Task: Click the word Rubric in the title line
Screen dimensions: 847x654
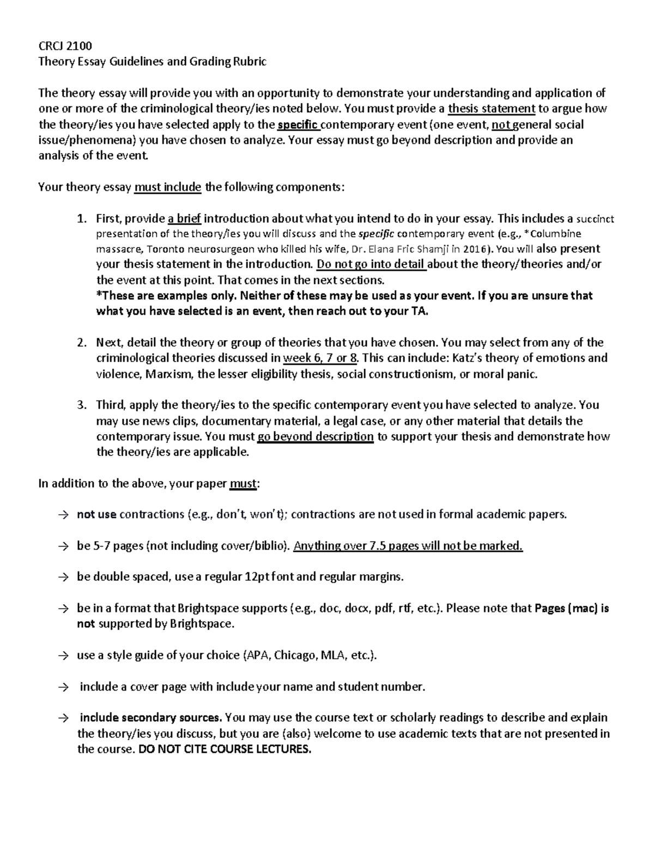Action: (x=250, y=61)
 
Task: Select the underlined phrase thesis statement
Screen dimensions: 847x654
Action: (x=491, y=109)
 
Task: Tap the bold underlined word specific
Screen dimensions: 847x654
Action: (x=298, y=124)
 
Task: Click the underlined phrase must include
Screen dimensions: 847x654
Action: (x=168, y=187)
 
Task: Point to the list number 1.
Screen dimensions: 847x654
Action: (x=81, y=219)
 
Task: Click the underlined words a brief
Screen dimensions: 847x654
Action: (x=185, y=219)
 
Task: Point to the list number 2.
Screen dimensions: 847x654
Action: (x=81, y=343)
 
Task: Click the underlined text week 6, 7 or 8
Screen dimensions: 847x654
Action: (x=321, y=358)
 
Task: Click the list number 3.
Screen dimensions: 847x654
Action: (x=81, y=405)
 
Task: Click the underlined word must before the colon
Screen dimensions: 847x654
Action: (x=243, y=484)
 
